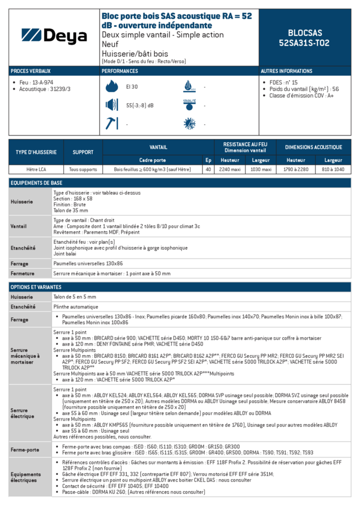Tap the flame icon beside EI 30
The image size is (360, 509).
click(x=112, y=87)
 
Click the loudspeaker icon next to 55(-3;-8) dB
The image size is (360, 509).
click(x=112, y=105)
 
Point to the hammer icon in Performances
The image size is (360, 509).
click(x=112, y=123)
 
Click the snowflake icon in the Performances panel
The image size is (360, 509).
click(x=189, y=124)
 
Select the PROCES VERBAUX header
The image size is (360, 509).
click(x=31, y=71)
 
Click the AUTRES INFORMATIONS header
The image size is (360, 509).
click(x=287, y=71)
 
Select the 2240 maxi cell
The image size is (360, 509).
click(x=230, y=169)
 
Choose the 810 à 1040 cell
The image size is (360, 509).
click(x=333, y=169)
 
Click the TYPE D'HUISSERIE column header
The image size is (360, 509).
click(x=36, y=152)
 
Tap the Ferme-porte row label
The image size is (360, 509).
click(x=25, y=450)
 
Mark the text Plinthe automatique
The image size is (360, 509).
click(x=75, y=307)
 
